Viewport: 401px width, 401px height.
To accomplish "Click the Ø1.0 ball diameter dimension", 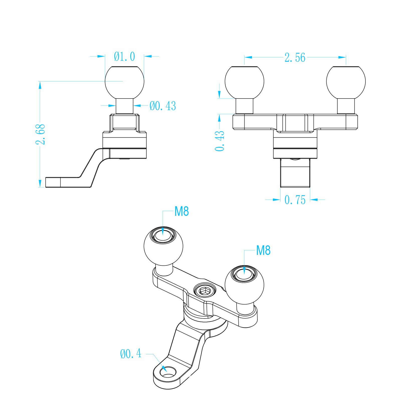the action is coord(125,57).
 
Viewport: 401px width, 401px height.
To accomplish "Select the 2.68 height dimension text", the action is coord(40,134).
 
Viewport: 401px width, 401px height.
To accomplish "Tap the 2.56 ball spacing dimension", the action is coord(295,58).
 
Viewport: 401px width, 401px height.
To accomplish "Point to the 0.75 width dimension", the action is coord(295,200).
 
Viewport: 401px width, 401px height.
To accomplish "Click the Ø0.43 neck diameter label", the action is coord(163,106).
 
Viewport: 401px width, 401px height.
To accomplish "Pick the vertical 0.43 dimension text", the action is coord(220,141).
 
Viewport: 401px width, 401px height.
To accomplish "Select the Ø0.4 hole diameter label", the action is coord(131,354).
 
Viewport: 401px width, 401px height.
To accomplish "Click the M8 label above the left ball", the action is coord(181,212).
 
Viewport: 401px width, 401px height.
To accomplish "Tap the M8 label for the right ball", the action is coord(263,250).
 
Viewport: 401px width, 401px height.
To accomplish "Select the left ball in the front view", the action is coord(244,82).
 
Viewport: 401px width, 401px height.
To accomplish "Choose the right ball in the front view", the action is coord(346,82).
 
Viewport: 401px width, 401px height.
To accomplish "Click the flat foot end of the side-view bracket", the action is coord(53,182).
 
